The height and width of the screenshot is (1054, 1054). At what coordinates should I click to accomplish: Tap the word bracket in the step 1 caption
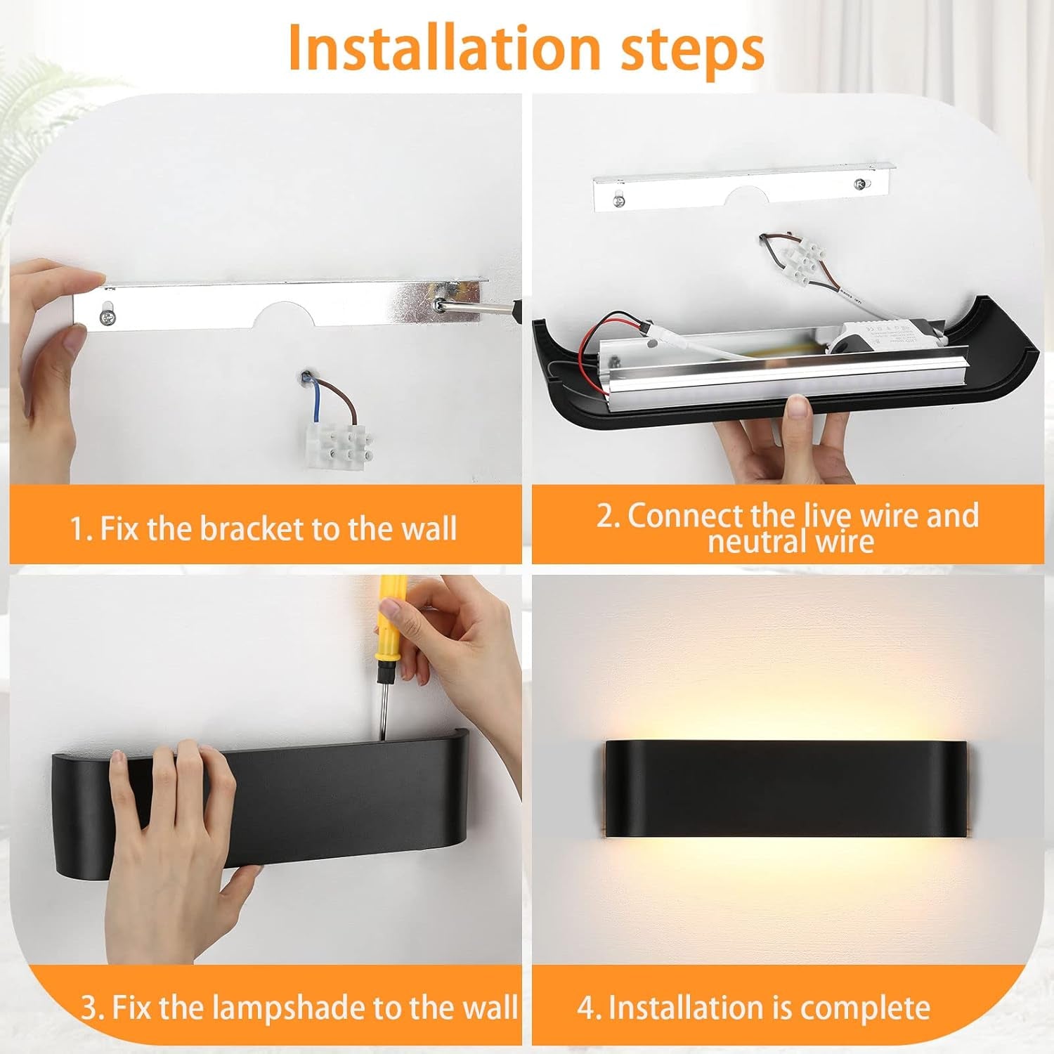(252, 528)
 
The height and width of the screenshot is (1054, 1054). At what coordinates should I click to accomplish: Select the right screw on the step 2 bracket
(859, 185)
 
